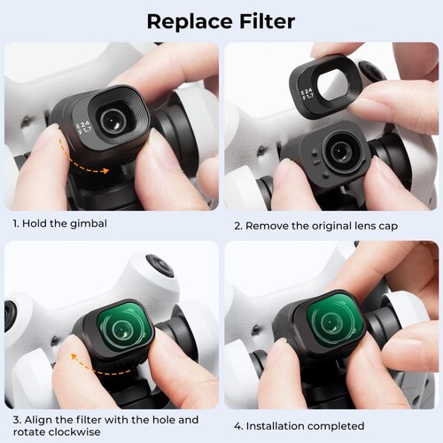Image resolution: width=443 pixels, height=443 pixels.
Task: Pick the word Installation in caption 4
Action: [x=277, y=425]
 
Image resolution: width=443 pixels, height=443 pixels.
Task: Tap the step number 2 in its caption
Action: [x=236, y=225]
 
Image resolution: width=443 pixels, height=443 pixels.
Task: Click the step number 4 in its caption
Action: [x=236, y=425]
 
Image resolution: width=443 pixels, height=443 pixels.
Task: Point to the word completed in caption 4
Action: [x=338, y=425]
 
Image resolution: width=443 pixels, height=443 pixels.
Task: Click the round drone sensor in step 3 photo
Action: [x=159, y=265]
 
